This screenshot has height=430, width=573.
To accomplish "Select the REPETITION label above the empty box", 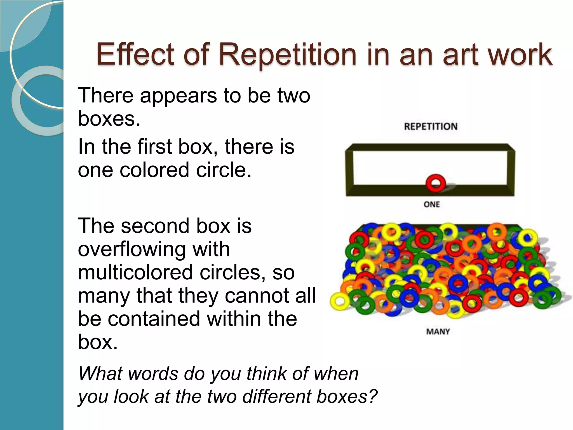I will (431, 127).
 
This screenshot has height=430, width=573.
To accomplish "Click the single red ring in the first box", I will (435, 183).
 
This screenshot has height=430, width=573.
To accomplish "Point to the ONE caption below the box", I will (432, 204).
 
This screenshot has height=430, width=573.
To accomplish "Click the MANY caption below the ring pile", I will (438, 332).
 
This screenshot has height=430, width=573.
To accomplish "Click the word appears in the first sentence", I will (179, 95).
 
